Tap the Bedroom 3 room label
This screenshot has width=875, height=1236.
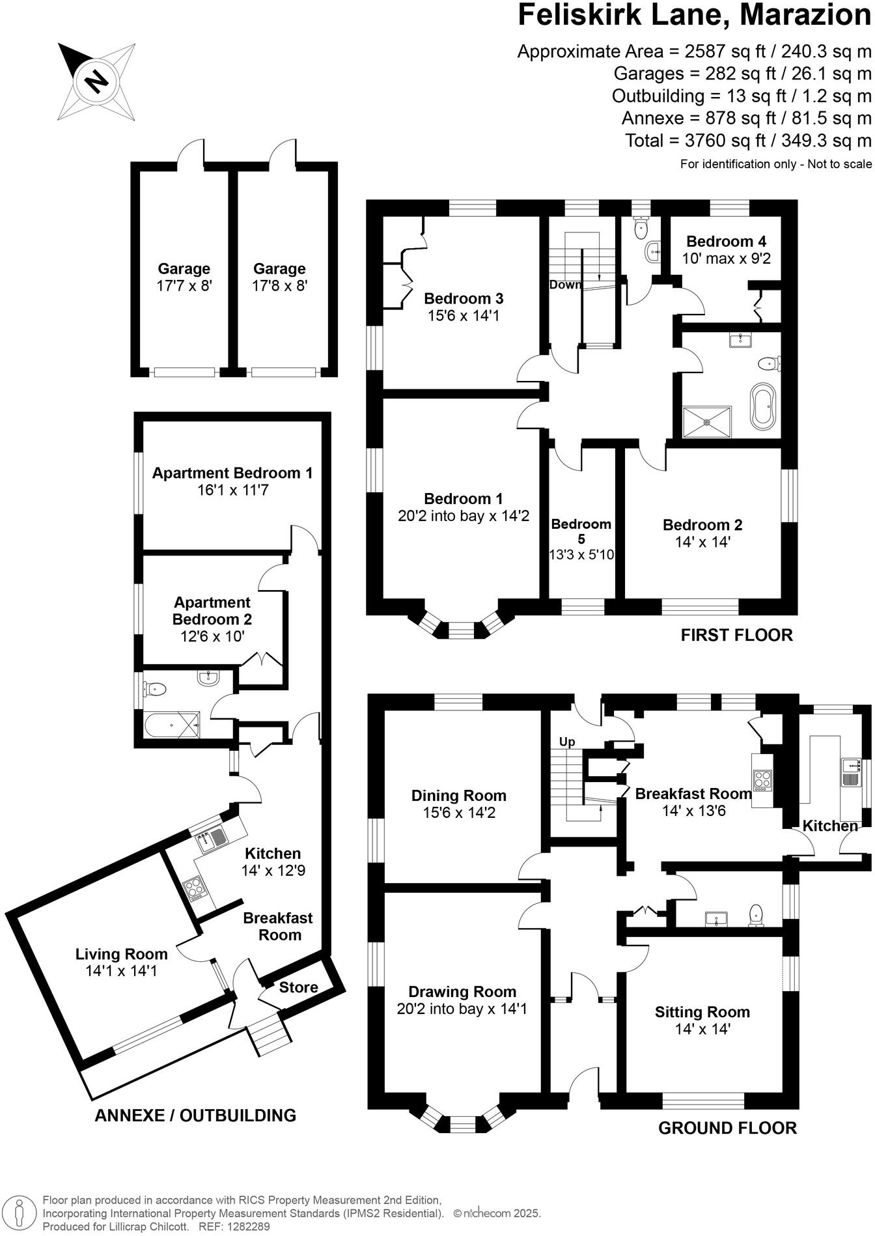tap(463, 299)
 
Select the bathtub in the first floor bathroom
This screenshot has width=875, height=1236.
tap(762, 406)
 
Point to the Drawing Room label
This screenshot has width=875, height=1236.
tap(462, 992)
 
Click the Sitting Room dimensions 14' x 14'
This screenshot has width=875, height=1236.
tap(702, 1029)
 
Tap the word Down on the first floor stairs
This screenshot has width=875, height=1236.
tap(564, 285)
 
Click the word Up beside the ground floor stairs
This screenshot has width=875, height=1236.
tap(567, 742)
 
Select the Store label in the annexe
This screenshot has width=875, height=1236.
tap(299, 987)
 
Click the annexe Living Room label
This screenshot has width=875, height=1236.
tap(121, 954)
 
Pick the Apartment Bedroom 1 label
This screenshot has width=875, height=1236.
tap(232, 473)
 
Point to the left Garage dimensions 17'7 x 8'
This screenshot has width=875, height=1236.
tap(184, 285)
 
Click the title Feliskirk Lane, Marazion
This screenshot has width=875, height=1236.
tap(693, 16)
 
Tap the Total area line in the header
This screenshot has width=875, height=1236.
tap(748, 141)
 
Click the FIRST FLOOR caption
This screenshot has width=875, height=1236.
tap(736, 635)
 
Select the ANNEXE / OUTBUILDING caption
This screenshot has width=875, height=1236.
tap(195, 1116)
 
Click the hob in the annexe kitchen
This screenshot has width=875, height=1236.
tap(194, 888)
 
